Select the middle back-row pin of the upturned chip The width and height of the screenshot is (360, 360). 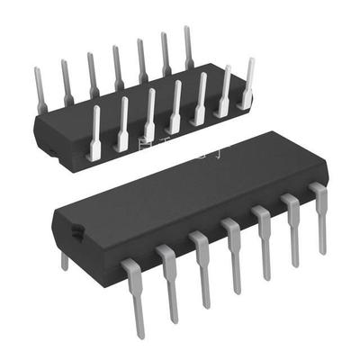pyautogui.click(x=117, y=67)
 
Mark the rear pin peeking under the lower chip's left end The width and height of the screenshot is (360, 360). pyautogui.click(x=63, y=260)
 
